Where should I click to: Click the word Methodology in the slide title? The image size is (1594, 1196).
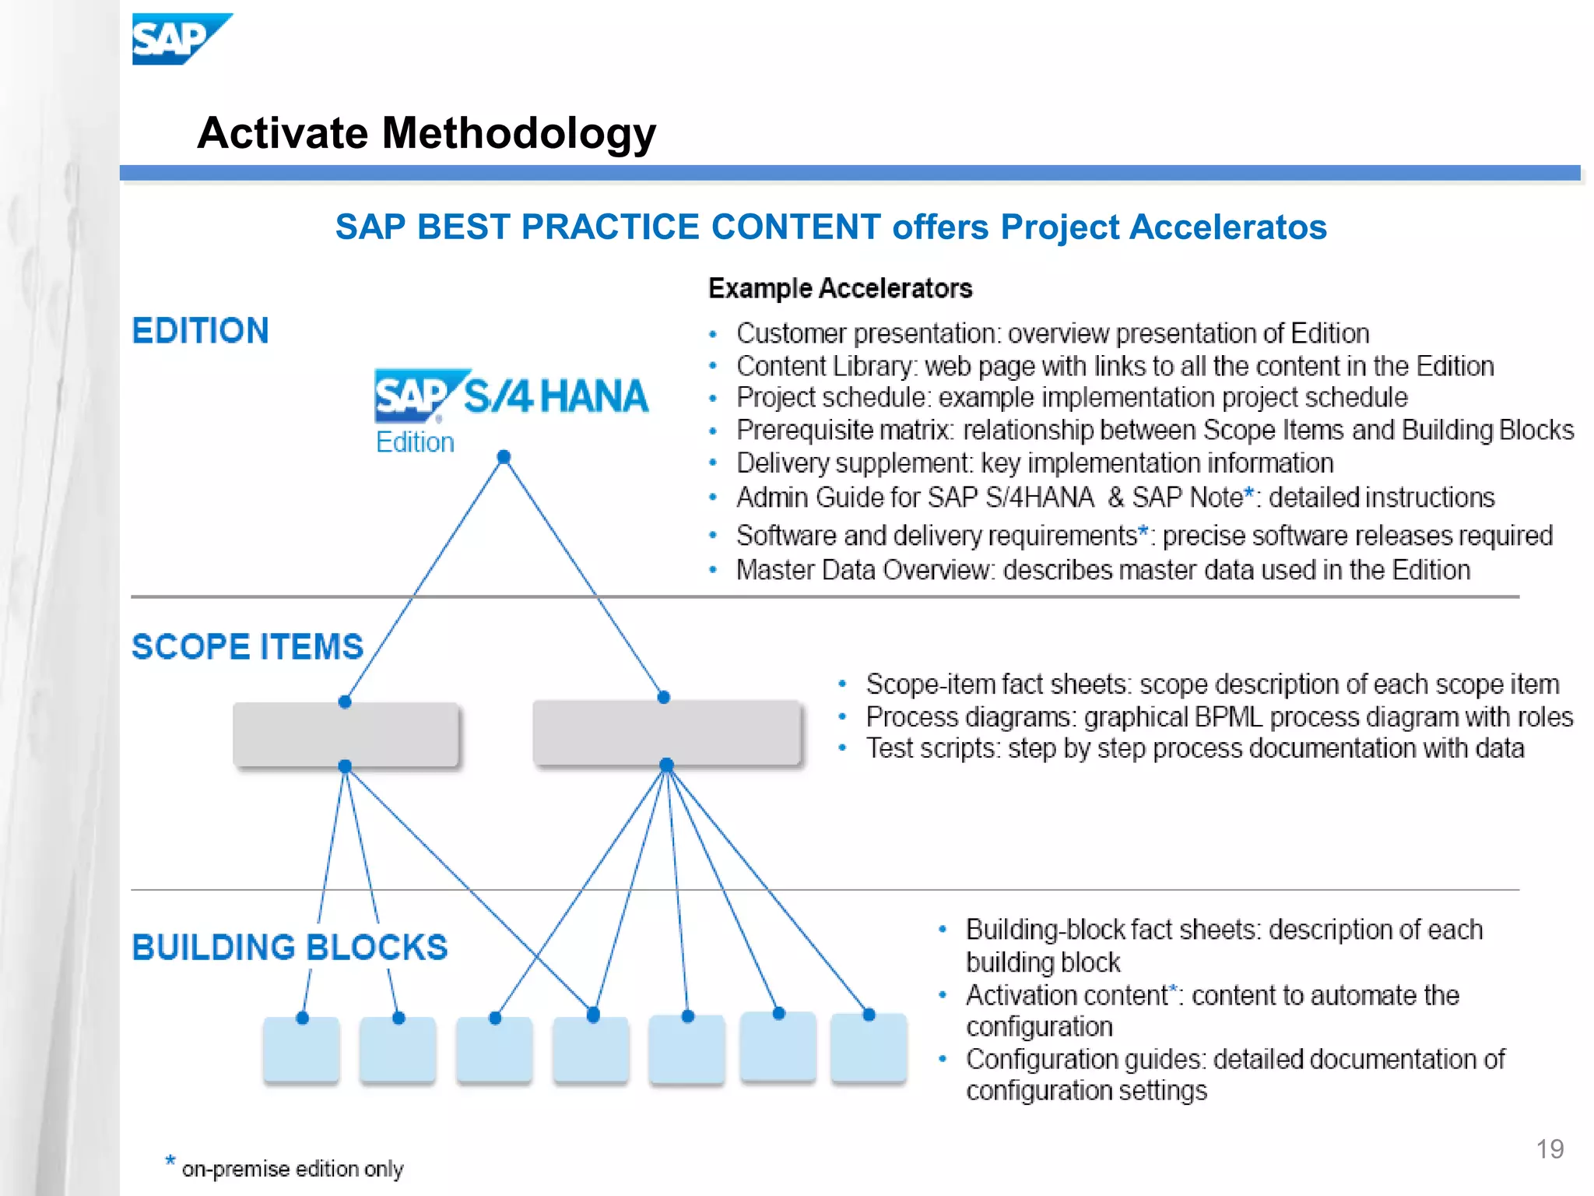coord(518,134)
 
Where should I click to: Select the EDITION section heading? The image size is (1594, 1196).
coord(200,331)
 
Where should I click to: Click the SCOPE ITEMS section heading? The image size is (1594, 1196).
coord(247,647)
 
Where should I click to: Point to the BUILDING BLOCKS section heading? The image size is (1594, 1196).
coord(290,948)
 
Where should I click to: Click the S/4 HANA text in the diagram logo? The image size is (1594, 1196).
coord(555,396)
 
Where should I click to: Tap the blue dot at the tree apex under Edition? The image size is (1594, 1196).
coord(504,457)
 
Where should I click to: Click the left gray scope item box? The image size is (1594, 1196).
coord(346,735)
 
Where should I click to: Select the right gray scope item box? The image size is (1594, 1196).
coord(666,733)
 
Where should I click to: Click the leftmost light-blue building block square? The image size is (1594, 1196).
coord(301,1050)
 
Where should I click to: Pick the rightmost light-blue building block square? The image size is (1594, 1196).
coord(869,1048)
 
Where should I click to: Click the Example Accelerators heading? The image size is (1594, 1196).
coord(840,289)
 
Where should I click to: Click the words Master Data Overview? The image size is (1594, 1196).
coord(864,571)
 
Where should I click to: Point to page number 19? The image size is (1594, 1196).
coord(1549,1149)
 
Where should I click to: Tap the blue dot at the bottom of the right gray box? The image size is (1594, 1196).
coord(666,765)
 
